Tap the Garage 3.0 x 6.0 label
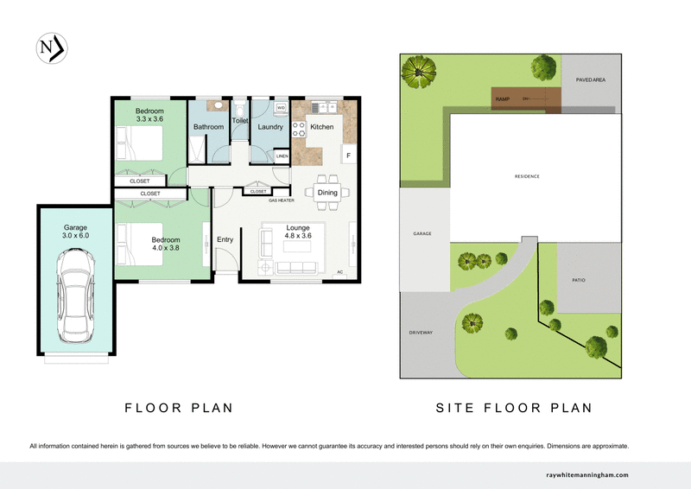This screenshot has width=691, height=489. tap(75, 232)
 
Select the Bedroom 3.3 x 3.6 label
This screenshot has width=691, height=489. tap(150, 116)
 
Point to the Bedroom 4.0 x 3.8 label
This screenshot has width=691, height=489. tap(166, 244)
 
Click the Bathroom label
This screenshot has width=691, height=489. tap(208, 128)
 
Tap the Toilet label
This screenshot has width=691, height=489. tap(239, 122)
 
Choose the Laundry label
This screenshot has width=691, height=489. tap(270, 128)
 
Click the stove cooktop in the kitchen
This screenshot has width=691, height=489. tap(300, 130)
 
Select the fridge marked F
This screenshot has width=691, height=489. tap(349, 156)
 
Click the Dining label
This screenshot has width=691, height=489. tap(327, 193)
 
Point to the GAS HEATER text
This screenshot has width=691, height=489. tap(281, 200)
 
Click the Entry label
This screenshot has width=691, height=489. tap(225, 240)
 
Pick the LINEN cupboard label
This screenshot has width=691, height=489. tap(282, 156)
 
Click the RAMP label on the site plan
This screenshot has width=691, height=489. tap(502, 100)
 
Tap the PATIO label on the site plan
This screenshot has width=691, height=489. tap(579, 280)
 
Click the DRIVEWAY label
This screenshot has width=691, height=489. tap(420, 332)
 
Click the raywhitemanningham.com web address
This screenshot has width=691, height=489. tap(587, 475)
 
